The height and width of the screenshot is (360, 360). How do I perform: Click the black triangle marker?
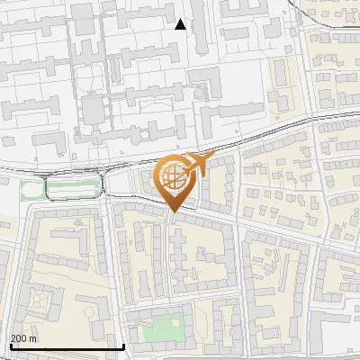coord(180,24)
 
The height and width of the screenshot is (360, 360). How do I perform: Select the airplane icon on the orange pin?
coord(196,165)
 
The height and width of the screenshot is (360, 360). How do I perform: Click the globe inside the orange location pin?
coord(174,178)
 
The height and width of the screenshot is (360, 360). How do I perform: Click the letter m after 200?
coord(33,338)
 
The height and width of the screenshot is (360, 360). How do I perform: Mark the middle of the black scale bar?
coord(67,346)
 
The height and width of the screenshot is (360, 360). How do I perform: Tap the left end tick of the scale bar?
coord(10,345)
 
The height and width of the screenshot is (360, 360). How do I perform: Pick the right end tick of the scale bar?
coord(123,345)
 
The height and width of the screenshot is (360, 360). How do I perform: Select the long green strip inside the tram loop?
coord(72,188)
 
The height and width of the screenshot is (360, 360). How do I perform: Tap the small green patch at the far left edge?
coord(31,190)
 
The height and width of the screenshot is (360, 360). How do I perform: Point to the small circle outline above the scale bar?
coord(91,310)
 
